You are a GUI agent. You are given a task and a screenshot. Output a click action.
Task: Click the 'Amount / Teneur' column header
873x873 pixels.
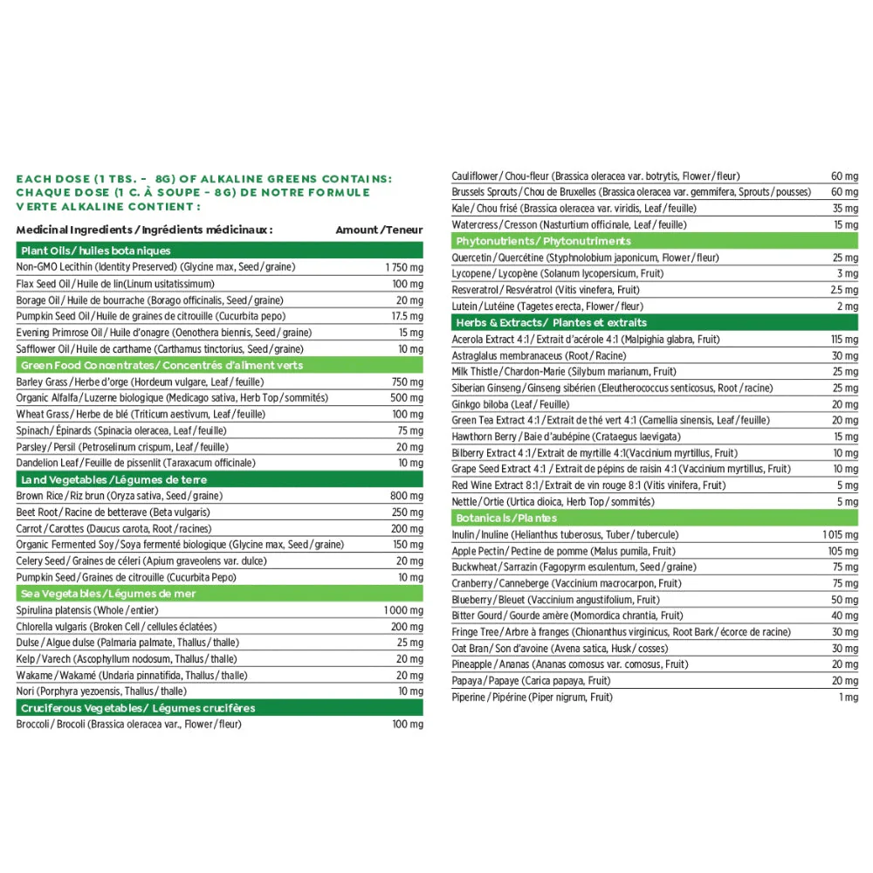pyautogui.click(x=379, y=230)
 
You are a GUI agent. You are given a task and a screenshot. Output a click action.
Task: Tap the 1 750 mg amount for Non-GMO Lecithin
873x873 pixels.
pyautogui.click(x=402, y=267)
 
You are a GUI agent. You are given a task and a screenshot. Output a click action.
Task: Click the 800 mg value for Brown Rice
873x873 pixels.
pyautogui.click(x=406, y=496)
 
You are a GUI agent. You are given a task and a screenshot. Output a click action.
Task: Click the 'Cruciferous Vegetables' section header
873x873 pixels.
pyautogui.click(x=138, y=708)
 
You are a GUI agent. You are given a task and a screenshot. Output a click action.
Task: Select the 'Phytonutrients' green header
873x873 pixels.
pyautogui.click(x=542, y=241)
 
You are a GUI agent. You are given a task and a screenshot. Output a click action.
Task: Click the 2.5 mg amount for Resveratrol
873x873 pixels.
pyautogui.click(x=843, y=290)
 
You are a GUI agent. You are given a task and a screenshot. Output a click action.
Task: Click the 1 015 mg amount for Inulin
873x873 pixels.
pyautogui.click(x=840, y=534)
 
